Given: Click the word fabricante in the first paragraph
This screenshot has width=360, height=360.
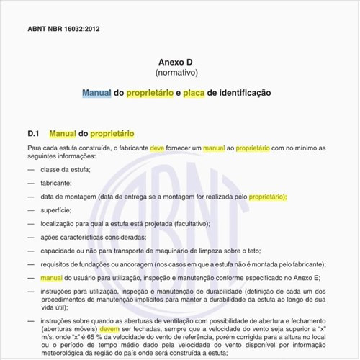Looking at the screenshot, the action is (131, 148).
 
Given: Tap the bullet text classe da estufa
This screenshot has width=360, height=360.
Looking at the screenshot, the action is (66, 170).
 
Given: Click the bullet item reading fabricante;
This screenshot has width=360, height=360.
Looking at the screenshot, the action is (56, 183).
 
